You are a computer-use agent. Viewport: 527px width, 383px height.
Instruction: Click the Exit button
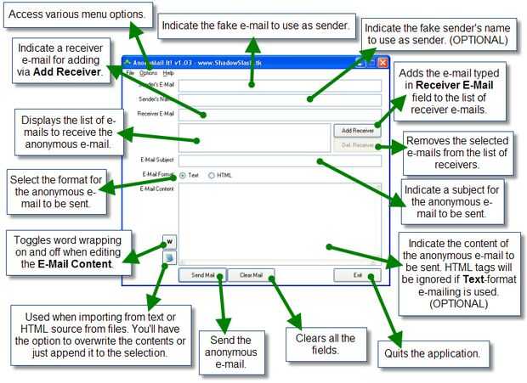pos(358,275)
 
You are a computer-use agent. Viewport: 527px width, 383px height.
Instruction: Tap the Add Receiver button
pos(354,131)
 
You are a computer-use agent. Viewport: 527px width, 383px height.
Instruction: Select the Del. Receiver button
pos(354,145)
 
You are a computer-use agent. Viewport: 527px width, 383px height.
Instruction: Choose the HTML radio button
pos(212,175)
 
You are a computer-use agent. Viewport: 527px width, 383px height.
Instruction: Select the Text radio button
pos(183,175)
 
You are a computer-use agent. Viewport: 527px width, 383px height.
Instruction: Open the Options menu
pos(148,74)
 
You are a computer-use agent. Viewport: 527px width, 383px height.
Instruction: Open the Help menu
pos(168,74)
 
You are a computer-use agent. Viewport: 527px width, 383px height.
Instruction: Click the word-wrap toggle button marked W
pos(169,241)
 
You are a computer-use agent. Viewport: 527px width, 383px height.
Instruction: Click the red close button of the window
pos(382,62)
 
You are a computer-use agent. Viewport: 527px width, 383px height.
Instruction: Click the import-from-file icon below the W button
pos(169,258)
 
